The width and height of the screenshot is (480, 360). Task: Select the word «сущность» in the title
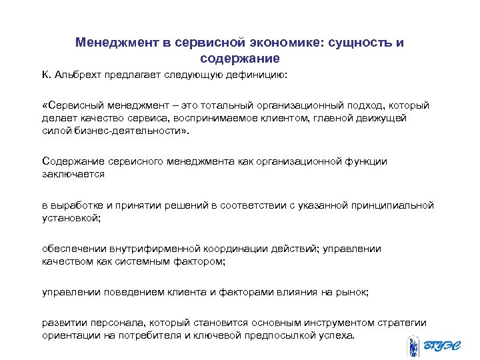355,43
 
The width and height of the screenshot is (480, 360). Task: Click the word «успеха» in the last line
338,335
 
